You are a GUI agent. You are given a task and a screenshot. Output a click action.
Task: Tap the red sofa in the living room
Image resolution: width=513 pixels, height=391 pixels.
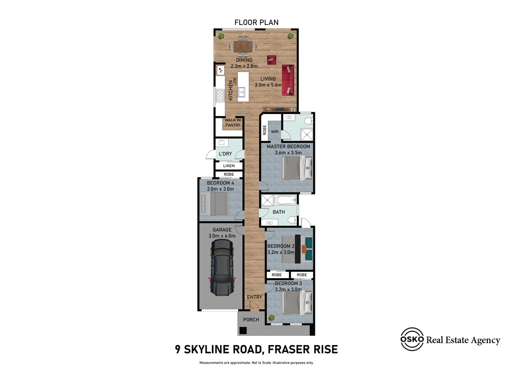(288, 80)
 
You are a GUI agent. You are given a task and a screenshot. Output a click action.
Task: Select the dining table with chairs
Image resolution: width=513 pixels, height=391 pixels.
(243, 46)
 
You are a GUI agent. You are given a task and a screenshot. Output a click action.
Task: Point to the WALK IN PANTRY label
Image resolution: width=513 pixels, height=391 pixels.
(233, 123)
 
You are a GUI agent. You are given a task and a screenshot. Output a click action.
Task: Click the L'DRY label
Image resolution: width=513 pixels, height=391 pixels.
(225, 154)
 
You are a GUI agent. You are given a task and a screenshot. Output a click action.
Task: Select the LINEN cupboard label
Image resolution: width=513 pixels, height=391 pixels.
(229, 166)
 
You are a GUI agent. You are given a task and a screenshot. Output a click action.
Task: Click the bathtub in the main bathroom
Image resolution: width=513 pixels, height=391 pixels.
(286, 200)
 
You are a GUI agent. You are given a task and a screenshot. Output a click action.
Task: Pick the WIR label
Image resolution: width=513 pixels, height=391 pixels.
(275, 132)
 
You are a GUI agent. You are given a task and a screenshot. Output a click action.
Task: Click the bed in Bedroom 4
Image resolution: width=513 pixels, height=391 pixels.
(214, 203)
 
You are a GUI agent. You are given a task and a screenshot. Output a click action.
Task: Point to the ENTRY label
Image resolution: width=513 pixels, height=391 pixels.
(255, 297)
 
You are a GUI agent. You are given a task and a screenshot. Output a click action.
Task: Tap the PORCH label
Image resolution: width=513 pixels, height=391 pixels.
(251, 320)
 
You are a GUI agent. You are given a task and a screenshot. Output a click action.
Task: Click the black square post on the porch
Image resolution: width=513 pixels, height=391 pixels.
(243, 330)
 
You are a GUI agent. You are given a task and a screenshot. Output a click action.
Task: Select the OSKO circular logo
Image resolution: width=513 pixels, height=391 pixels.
(412, 339)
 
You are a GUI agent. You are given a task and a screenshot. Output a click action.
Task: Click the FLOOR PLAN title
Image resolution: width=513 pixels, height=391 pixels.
(256, 22)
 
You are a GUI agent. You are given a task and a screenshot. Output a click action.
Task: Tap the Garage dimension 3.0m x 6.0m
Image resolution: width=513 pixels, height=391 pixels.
(222, 236)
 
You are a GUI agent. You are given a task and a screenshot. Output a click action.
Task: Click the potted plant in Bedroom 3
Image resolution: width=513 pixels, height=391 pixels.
(271, 318)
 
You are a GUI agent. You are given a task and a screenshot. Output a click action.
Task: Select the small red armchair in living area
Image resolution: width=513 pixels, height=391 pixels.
(272, 60)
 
